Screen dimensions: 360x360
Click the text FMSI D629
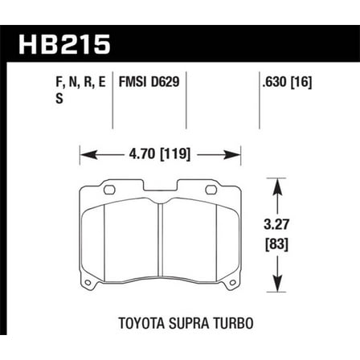148,81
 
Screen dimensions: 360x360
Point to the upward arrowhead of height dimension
277,185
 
